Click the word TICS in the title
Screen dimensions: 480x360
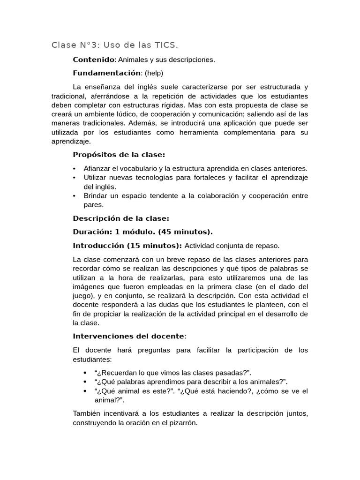(x=165, y=45)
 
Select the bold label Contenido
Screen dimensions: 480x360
(x=94, y=60)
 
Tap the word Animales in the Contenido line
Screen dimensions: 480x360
(x=133, y=60)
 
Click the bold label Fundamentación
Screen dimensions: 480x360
(x=107, y=73)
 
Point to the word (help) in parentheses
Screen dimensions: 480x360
(x=154, y=73)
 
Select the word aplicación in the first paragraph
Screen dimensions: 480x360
(x=218, y=123)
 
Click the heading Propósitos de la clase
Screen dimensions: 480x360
(x=119, y=155)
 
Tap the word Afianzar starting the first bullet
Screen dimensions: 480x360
(x=97, y=168)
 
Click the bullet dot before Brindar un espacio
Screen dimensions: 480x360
(x=75, y=195)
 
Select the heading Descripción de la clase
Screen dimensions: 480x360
(x=121, y=218)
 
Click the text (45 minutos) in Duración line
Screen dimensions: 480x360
(x=185, y=232)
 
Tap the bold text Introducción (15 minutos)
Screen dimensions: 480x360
(x=127, y=246)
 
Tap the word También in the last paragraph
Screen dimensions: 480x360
(x=87, y=413)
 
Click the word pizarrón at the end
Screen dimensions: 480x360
(x=180, y=422)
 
